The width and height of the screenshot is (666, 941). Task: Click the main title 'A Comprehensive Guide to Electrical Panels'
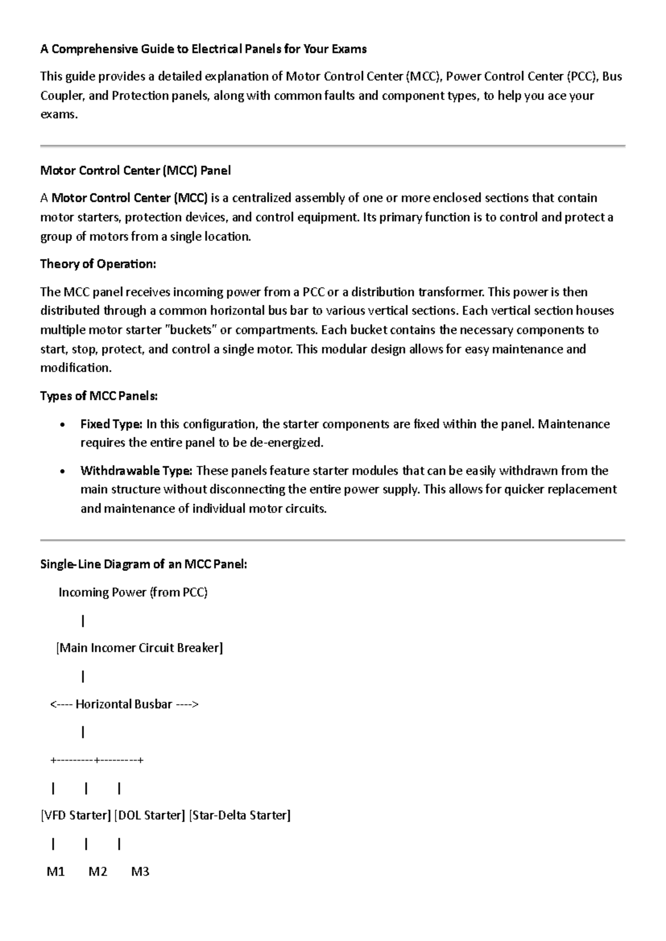(x=203, y=49)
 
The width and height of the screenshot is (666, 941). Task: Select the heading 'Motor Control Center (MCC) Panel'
(x=135, y=171)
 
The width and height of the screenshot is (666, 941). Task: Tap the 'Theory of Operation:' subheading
(x=98, y=264)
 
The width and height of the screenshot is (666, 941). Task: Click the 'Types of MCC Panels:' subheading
(x=99, y=396)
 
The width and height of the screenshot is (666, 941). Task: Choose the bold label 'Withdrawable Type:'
(x=137, y=471)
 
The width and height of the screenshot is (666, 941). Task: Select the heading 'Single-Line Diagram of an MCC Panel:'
(x=143, y=565)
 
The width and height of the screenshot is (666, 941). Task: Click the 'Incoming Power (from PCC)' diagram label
(x=133, y=593)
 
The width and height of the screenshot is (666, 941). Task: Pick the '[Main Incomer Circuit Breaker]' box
(x=139, y=648)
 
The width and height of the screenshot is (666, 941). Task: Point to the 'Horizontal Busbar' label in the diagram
(x=124, y=705)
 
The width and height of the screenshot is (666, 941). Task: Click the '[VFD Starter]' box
(x=75, y=816)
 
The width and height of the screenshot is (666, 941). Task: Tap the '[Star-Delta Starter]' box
(x=240, y=816)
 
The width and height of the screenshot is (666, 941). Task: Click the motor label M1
(x=56, y=872)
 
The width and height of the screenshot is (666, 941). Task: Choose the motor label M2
(x=98, y=872)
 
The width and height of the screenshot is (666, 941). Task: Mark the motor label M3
(x=140, y=872)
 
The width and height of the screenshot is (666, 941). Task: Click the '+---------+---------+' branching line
(x=97, y=760)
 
